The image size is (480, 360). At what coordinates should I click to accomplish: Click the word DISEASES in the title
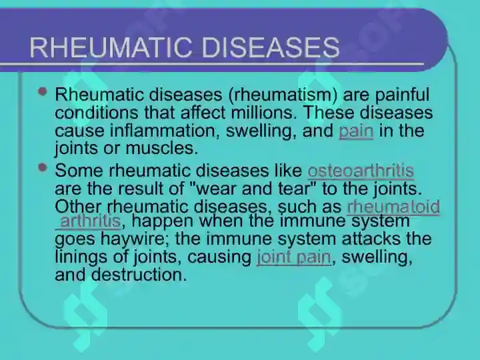[x=271, y=47]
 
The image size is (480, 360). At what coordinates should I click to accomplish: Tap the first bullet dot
[x=43, y=91]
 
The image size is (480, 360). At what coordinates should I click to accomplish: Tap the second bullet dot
[x=43, y=167]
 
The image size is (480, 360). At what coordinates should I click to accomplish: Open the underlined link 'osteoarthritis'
[x=361, y=171]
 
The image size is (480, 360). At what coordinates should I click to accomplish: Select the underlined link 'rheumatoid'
[x=393, y=207]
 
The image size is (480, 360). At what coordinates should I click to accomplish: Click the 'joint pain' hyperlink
[x=293, y=257]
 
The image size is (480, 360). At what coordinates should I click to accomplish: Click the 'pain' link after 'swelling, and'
[x=356, y=131]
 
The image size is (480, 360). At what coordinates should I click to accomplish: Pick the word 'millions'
[x=262, y=113]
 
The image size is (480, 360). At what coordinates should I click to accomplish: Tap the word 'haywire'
[x=135, y=239]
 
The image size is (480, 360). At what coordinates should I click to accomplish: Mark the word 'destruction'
[x=139, y=275]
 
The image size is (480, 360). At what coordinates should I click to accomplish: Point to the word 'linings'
[x=81, y=257]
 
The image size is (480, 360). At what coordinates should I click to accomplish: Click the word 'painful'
[x=402, y=95]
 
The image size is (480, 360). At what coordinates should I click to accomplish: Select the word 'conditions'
[x=97, y=113]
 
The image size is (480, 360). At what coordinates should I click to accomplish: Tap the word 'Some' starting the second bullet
[x=79, y=171]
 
